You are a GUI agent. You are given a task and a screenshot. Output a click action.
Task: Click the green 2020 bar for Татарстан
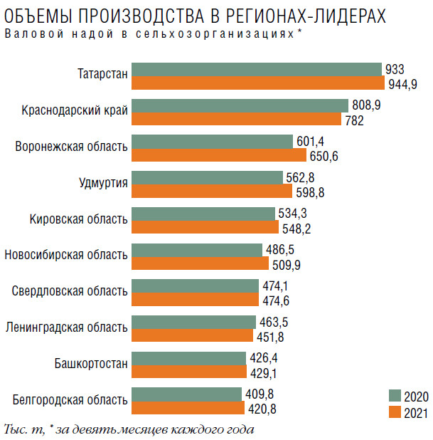pyautogui.click(x=257, y=69)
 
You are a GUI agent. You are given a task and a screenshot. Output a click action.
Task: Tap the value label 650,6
pyautogui.click(x=324, y=155)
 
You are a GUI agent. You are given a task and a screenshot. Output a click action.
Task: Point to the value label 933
pyautogui.click(x=395, y=69)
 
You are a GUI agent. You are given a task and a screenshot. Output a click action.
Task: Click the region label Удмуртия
pyautogui.click(x=104, y=183)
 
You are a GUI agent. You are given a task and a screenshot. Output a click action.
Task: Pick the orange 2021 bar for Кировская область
pyautogui.click(x=205, y=227)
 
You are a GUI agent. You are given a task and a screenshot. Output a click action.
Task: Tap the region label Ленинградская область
pyautogui.click(x=67, y=328)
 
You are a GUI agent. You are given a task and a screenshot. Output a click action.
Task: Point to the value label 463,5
pyautogui.click(x=272, y=322)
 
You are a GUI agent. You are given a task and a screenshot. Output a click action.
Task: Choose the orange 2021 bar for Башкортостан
pyautogui.click(x=188, y=372)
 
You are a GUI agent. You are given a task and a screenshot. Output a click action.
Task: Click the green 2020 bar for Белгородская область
pyautogui.click(x=187, y=394)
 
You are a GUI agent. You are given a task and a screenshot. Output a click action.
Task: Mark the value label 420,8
pyautogui.click(x=261, y=409)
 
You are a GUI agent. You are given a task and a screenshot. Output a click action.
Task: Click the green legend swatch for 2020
pyautogui.click(x=395, y=397)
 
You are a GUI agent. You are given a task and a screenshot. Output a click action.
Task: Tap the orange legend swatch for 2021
pyautogui.click(x=395, y=412)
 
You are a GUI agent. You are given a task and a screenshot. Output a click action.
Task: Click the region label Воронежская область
pyautogui.click(x=72, y=147)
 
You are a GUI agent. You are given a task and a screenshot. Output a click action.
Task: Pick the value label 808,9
pyautogui.click(x=366, y=105)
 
